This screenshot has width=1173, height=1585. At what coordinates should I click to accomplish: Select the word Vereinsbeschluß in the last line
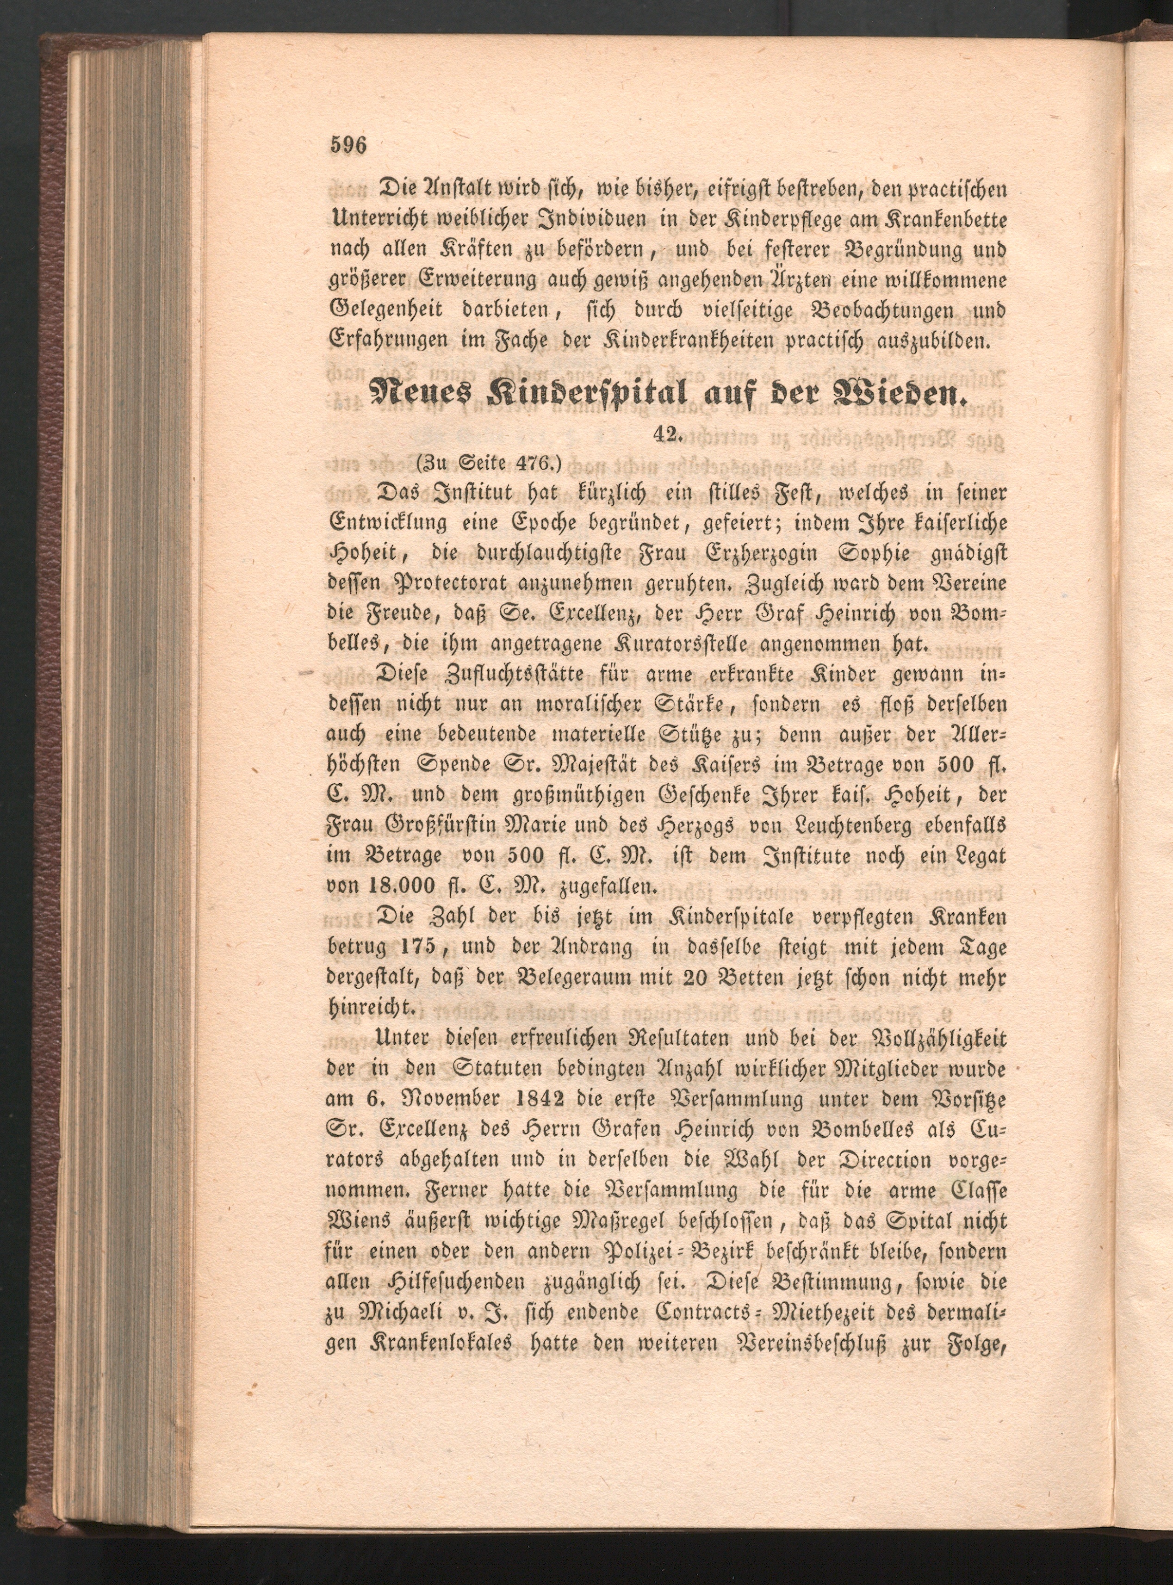[807, 1344]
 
